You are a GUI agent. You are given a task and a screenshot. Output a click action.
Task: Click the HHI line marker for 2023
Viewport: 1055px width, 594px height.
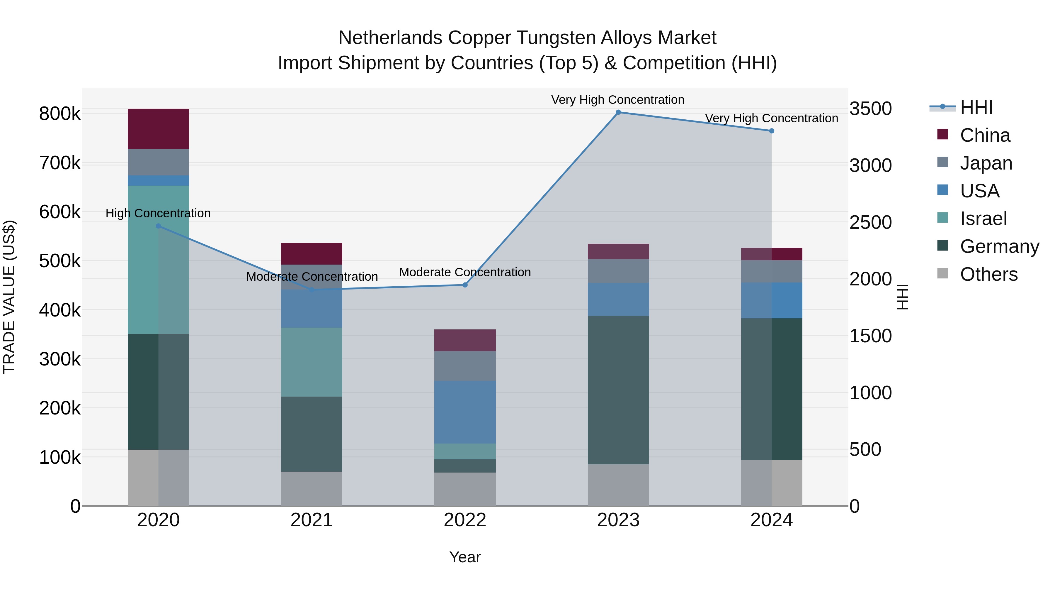click(618, 112)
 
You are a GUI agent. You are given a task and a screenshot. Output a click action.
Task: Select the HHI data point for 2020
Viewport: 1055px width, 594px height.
click(159, 226)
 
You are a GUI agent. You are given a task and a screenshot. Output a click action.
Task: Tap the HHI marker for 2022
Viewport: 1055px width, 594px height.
click(465, 285)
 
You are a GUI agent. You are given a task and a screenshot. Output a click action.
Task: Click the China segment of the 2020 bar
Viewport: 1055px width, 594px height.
click(159, 129)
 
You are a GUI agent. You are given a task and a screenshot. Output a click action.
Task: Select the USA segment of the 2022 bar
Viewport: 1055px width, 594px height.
click(465, 412)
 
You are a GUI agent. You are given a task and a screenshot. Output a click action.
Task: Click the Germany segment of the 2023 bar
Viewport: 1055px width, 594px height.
click(618, 390)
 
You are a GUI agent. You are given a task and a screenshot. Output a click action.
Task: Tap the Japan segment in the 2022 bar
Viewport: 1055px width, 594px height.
click(465, 366)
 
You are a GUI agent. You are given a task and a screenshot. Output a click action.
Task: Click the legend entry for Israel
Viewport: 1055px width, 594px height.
click(983, 219)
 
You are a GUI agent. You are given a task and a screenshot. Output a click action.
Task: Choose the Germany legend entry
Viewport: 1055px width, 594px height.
click(999, 246)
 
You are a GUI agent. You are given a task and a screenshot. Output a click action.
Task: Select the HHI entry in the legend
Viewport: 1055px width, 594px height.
click(976, 107)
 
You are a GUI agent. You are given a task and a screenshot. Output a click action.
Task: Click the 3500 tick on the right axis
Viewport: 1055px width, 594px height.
click(870, 109)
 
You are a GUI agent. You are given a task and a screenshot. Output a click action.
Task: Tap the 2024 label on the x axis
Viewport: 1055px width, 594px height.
click(771, 520)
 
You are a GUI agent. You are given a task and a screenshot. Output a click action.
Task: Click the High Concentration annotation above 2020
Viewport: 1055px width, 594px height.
click(158, 213)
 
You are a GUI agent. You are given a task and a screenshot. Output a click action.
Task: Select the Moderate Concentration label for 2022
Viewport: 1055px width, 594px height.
click(465, 272)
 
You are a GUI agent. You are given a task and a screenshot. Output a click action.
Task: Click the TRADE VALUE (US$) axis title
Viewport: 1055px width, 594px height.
click(9, 297)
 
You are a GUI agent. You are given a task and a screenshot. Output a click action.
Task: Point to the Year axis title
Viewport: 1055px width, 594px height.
click(465, 557)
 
